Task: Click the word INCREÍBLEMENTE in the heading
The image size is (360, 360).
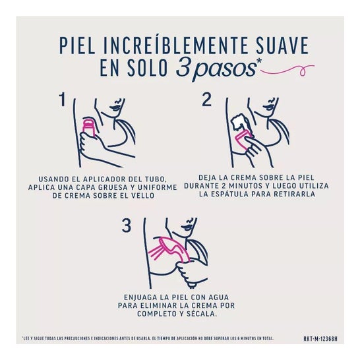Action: coord(171,45)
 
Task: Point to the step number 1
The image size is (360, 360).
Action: coord(63,100)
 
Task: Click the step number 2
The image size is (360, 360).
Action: coord(206,100)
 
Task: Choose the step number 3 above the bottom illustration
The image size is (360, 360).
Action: coord(127,225)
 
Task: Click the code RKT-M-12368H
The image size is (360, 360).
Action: coord(320,339)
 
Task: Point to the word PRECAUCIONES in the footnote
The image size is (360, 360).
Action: coord(76,339)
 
